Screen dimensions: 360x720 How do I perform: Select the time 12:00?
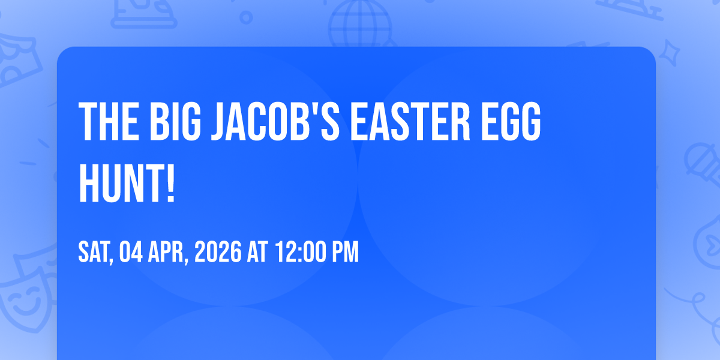300,253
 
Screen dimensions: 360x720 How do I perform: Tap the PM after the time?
346,253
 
